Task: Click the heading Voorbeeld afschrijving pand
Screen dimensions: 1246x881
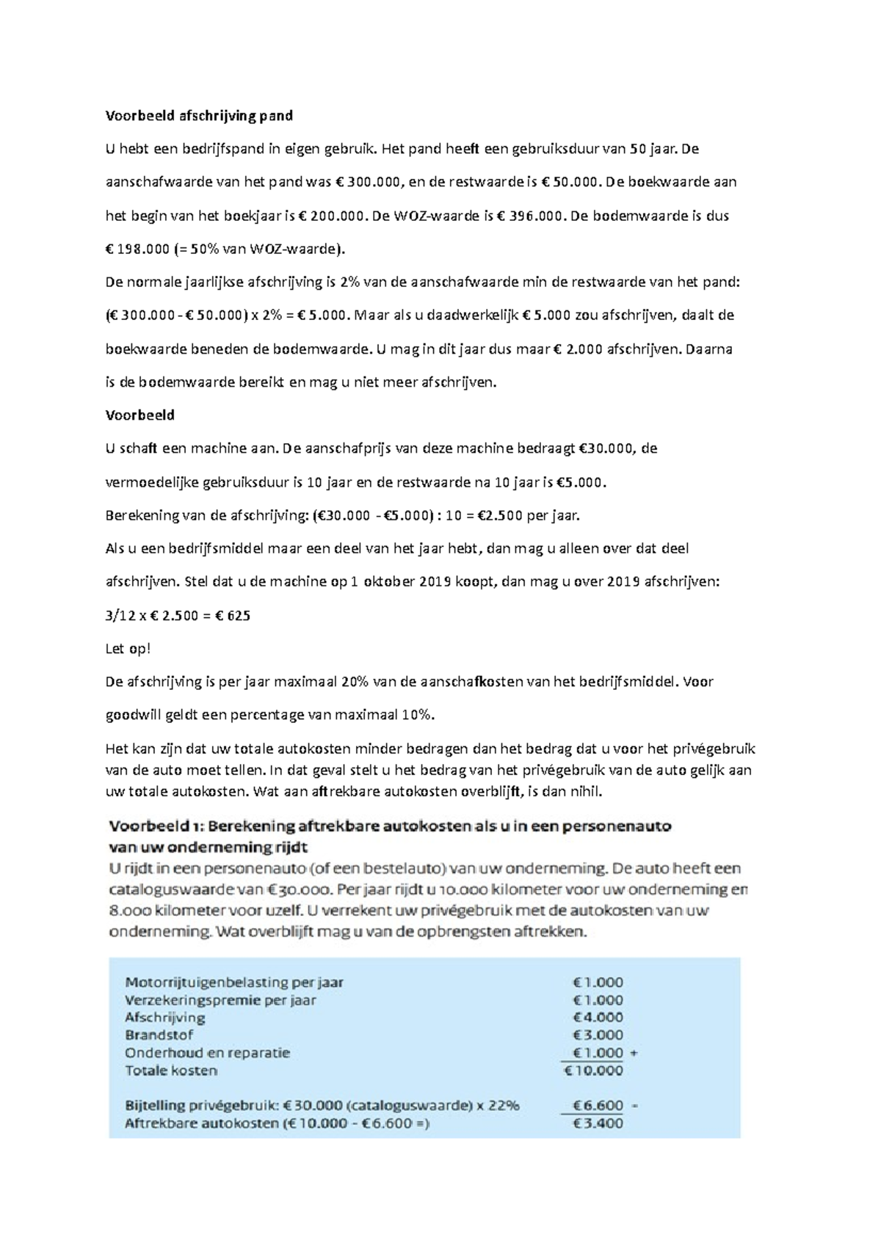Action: click(199, 115)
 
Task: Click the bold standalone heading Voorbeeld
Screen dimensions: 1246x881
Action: click(140, 415)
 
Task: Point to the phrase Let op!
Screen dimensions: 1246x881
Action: click(128, 648)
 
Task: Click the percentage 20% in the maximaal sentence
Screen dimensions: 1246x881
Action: click(355, 681)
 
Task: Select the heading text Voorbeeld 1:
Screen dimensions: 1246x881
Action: click(154, 826)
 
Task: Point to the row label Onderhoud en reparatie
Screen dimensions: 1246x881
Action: click(207, 1052)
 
